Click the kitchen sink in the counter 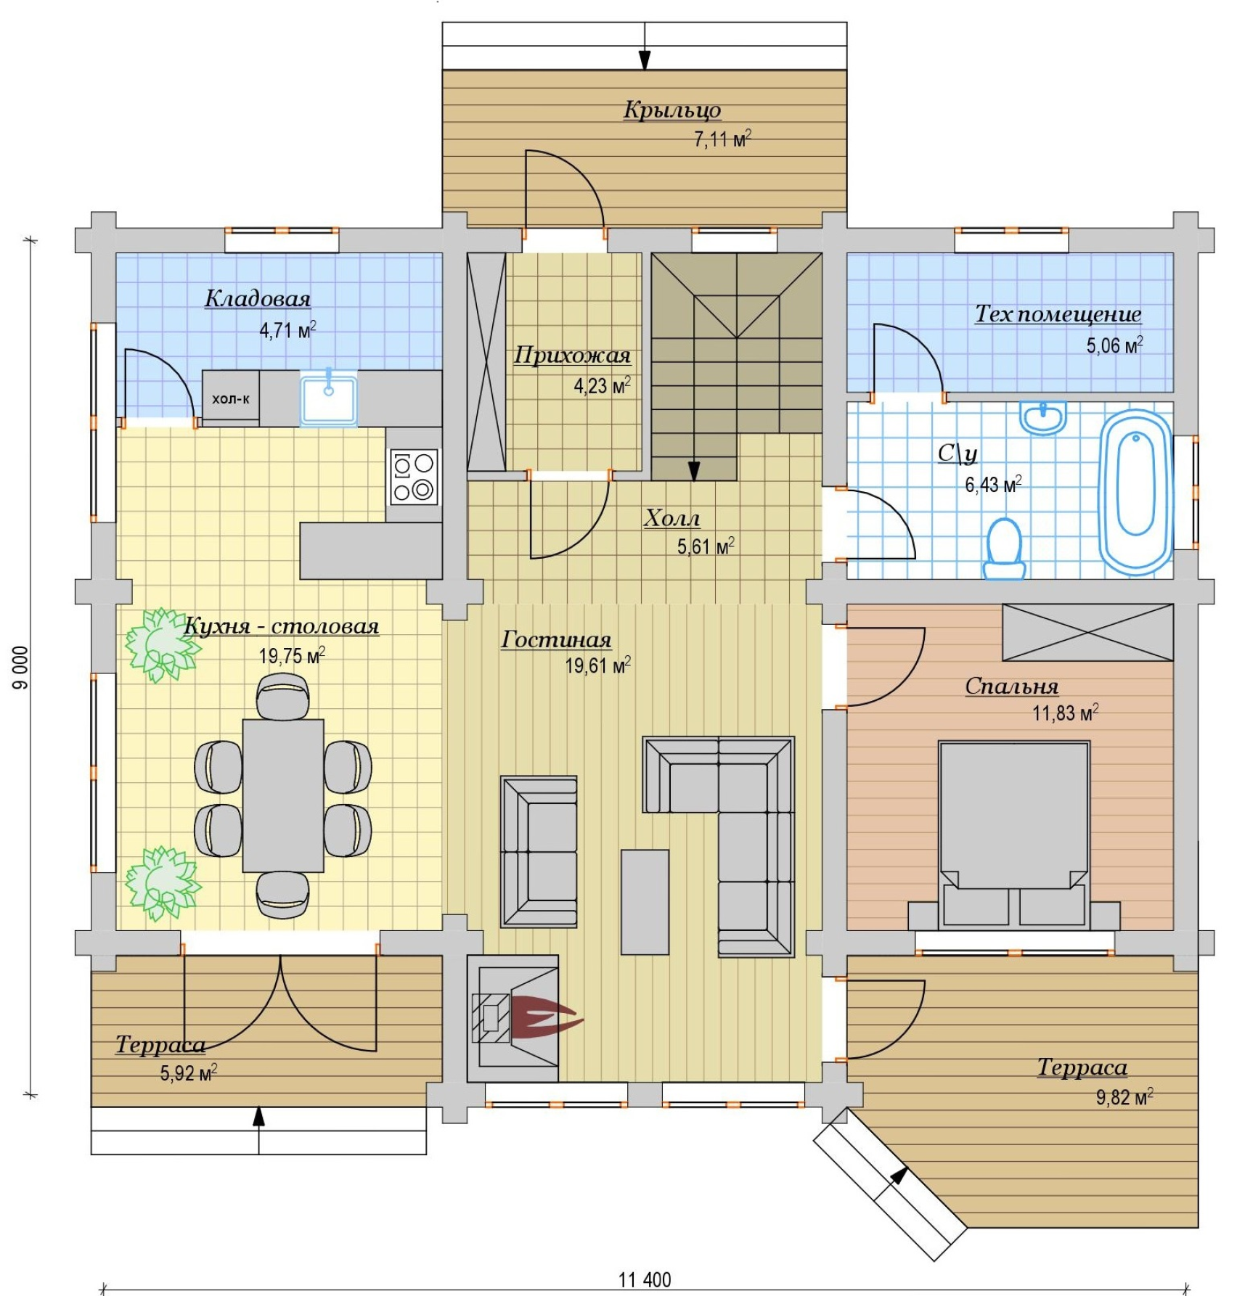coord(329,398)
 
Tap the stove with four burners coord(414,477)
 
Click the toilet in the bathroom coord(1005,549)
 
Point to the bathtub coord(1136,492)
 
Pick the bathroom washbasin coord(1043,417)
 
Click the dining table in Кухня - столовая coord(283,795)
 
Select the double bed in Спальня coord(1014,834)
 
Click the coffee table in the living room coord(645,902)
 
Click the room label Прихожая coord(572,356)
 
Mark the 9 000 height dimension coord(22,667)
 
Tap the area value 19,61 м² coord(598,665)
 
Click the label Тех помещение coord(1058,314)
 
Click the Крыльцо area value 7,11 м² coord(722,139)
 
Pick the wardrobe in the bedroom coord(1087,633)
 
